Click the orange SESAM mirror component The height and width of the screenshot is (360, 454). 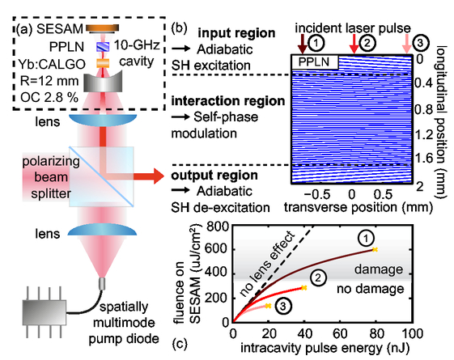102,28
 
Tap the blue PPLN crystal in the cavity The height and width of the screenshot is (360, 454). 103,47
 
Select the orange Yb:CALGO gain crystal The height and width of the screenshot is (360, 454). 103,63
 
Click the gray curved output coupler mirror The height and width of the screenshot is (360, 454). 103,83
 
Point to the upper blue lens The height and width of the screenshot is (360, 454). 103,120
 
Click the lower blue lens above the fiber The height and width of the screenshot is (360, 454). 102,230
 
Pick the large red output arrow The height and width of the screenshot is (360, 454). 149,176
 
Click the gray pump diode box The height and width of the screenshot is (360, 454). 45,312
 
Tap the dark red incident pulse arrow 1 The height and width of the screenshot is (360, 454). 303,44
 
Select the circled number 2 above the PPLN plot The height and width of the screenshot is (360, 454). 367,43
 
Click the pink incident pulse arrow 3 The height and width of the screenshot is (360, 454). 407,44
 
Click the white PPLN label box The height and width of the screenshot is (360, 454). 315,62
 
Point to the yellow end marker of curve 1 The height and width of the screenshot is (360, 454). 375,249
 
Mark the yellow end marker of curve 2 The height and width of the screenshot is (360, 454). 303,288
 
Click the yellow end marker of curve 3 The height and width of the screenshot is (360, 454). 268,306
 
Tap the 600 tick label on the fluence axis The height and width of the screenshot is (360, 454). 217,249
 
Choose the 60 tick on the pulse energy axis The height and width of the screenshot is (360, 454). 340,333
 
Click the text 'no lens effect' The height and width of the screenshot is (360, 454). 267,264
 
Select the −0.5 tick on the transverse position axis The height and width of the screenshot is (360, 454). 316,194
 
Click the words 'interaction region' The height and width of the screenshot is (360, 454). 228,101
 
